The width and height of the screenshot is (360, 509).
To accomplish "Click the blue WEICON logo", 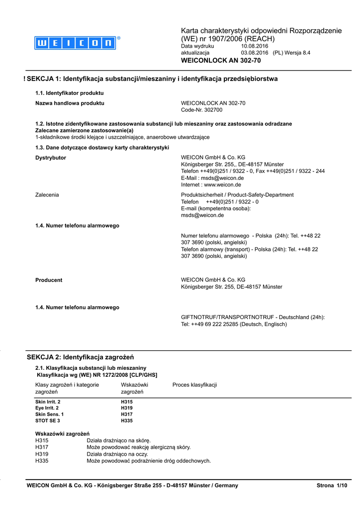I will (75, 43).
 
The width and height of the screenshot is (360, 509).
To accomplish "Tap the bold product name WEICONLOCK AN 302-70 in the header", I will (221, 61).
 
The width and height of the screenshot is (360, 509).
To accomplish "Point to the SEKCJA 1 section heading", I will (152, 79).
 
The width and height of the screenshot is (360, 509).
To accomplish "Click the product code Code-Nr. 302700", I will (202, 110).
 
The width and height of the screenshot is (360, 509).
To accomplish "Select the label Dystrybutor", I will (51, 158).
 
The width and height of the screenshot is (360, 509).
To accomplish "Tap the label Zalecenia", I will (47, 195).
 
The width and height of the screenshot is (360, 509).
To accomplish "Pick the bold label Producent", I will (49, 280).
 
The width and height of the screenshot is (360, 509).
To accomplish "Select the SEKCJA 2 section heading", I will (80, 357).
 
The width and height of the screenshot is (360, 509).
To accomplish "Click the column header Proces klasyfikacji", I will (194, 385).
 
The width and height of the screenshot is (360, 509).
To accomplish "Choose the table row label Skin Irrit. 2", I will (48, 401).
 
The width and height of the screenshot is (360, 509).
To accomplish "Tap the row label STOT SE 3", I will (48, 421).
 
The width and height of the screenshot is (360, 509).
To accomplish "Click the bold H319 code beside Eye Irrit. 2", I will (127, 408).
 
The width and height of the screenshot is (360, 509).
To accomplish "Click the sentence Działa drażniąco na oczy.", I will (118, 454).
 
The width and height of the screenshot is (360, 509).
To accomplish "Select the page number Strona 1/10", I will (332, 485).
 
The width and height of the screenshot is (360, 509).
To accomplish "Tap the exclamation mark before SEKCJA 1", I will (24, 79).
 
